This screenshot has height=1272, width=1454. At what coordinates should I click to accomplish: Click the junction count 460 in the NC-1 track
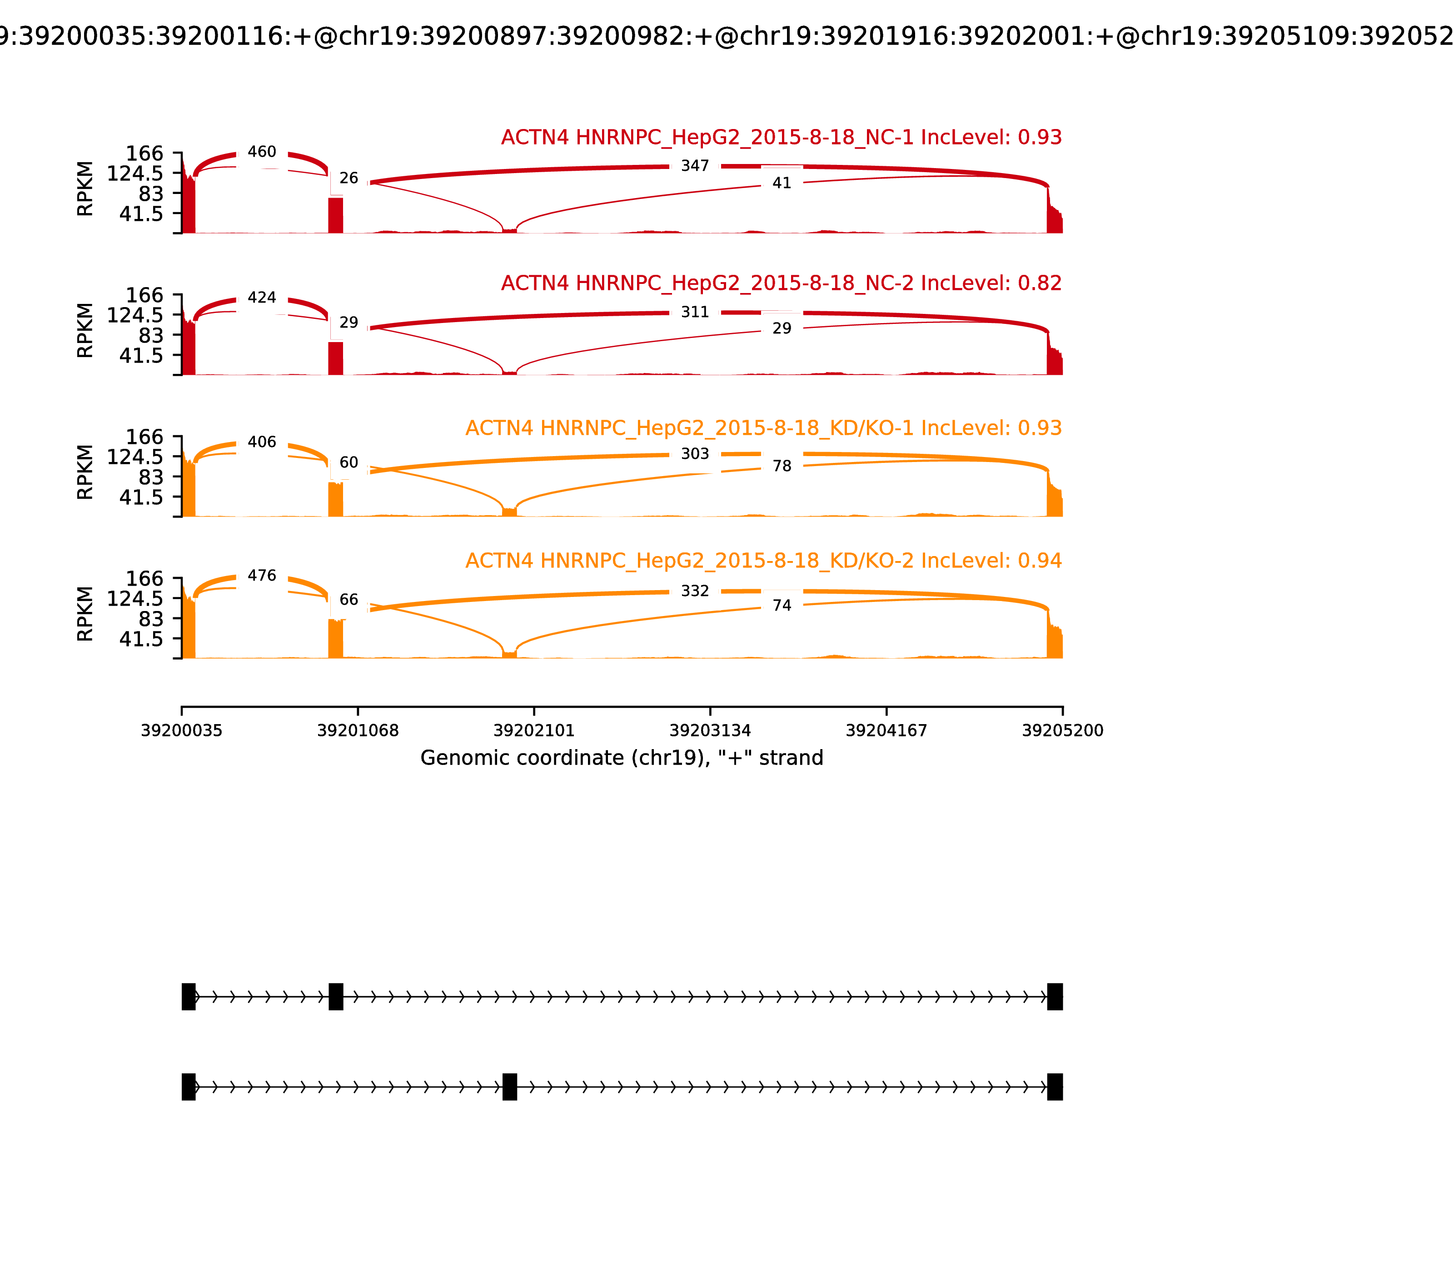(262, 152)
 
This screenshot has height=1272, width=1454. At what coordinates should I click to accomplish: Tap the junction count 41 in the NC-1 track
(782, 183)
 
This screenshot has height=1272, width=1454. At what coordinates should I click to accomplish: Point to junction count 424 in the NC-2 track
(262, 298)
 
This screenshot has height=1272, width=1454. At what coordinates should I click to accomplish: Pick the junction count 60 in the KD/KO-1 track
(349, 463)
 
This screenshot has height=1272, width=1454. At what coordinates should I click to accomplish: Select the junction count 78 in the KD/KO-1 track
(782, 467)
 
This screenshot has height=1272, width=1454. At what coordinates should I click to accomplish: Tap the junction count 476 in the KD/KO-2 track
(262, 576)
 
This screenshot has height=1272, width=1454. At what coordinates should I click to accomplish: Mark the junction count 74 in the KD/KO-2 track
(782, 606)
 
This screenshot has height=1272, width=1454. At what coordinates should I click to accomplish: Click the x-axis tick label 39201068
(358, 731)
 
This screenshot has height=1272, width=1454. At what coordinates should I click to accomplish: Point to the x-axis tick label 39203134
(710, 731)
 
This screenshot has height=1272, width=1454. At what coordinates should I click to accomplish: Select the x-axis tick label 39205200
(1062, 731)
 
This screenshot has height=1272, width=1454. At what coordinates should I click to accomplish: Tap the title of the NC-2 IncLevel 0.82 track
(781, 283)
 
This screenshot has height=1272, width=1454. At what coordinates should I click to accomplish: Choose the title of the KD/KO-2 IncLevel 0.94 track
(763, 561)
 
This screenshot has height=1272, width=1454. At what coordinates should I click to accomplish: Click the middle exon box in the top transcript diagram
(336, 997)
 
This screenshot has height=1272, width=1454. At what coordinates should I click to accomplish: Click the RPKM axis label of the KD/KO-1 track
(85, 472)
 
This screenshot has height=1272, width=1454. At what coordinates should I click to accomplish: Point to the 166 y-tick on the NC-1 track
(145, 154)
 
